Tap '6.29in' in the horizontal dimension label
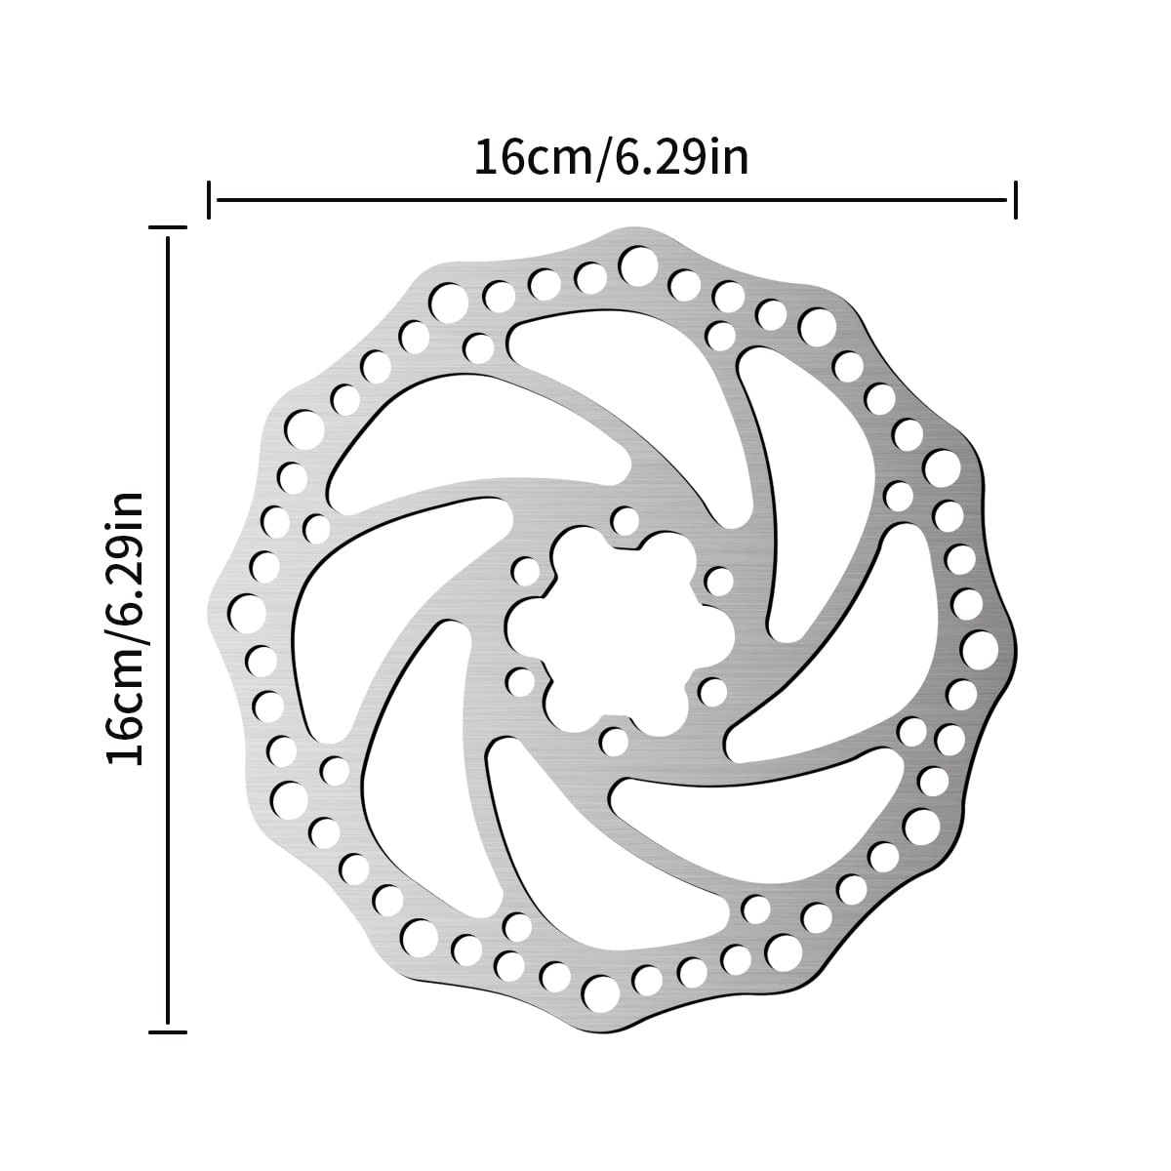(x=679, y=157)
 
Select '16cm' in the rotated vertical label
(x=128, y=700)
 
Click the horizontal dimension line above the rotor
(x=613, y=200)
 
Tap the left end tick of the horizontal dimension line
(x=210, y=200)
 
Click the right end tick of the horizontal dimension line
(x=1016, y=200)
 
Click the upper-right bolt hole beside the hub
(x=718, y=582)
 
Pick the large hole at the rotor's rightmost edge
(x=977, y=646)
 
